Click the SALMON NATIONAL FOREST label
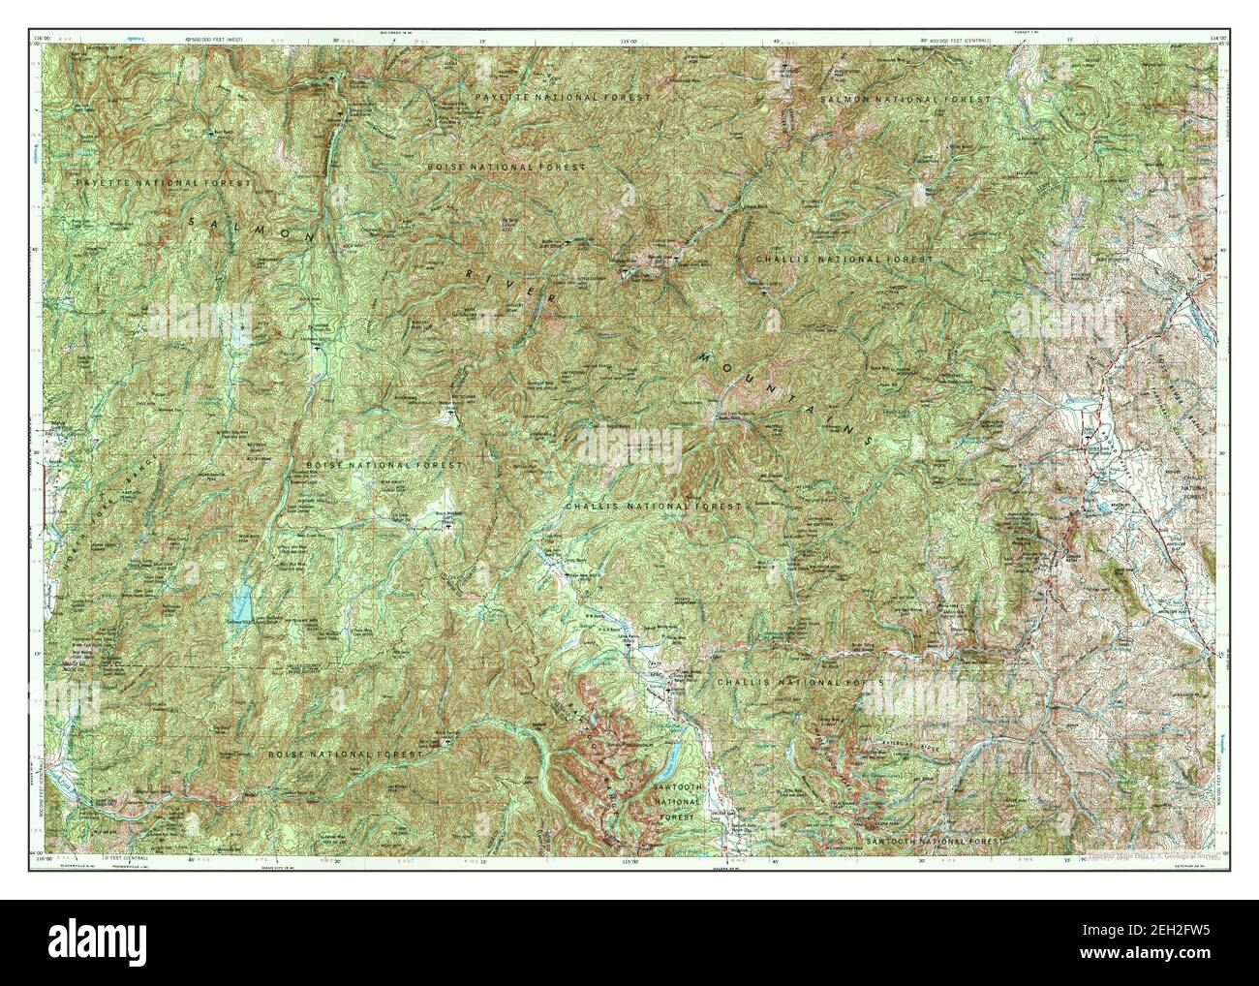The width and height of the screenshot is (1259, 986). pos(906,100)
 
